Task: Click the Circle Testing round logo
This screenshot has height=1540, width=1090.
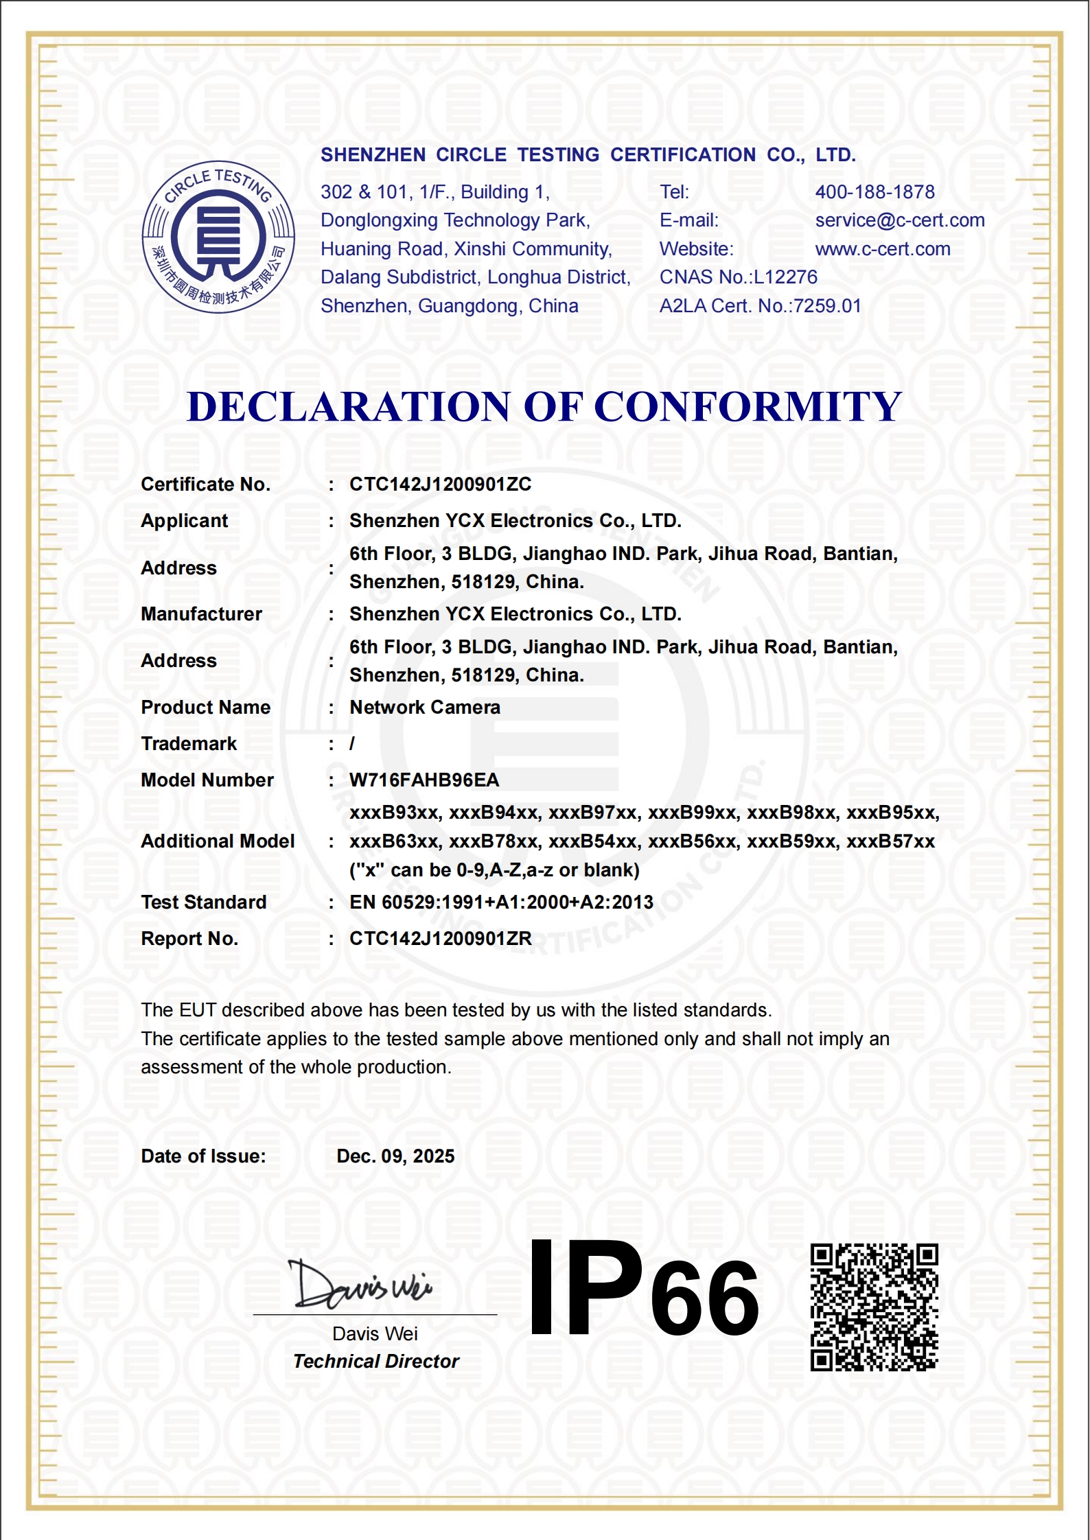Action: click(x=218, y=237)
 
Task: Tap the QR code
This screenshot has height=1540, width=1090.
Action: click(x=874, y=1307)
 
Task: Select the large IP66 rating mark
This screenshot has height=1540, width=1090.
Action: click(x=644, y=1290)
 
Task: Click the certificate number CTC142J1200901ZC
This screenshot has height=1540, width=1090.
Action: click(x=440, y=485)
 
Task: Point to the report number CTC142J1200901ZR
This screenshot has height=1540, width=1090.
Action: click(x=440, y=939)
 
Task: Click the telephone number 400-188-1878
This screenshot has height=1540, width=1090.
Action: click(x=874, y=192)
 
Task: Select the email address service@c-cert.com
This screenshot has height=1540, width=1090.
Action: click(x=899, y=220)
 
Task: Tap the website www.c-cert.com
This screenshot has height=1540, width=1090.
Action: click(x=883, y=249)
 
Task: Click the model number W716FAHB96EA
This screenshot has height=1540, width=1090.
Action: click(x=424, y=780)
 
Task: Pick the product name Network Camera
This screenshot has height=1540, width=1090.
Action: click(x=425, y=708)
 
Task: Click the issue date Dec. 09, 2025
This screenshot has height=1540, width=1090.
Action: click(x=395, y=1156)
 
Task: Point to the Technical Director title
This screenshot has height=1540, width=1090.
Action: click(x=375, y=1362)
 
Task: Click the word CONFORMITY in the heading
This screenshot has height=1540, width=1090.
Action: click(x=747, y=406)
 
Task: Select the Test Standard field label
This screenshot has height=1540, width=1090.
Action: click(x=204, y=902)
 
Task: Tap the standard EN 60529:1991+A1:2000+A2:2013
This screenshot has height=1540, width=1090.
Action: click(x=501, y=902)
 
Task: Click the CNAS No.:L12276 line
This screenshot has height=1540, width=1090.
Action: click(x=739, y=277)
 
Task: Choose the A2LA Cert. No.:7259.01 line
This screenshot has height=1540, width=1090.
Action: click(x=760, y=306)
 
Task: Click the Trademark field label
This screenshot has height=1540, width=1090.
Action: click(x=189, y=744)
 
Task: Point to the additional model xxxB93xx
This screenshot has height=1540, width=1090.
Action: click(x=394, y=813)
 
